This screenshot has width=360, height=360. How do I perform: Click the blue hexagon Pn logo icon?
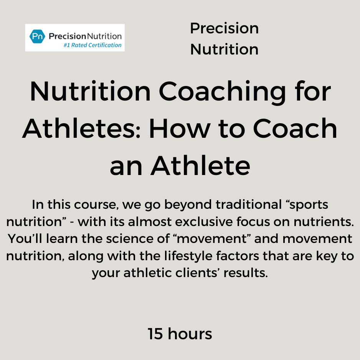[37, 36]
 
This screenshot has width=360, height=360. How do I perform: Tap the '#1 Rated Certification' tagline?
[92, 45]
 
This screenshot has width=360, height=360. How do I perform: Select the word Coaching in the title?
[222, 92]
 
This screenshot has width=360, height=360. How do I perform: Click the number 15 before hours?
[155, 334]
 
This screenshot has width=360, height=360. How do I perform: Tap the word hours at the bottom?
[190, 334]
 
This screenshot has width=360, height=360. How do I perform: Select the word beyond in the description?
[188, 205]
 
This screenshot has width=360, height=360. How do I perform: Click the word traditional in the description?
[249, 204]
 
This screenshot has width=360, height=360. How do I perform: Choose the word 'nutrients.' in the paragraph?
[324, 222]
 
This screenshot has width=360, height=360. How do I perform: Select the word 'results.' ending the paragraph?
[246, 273]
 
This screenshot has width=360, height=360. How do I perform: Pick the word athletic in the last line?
[147, 273]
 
